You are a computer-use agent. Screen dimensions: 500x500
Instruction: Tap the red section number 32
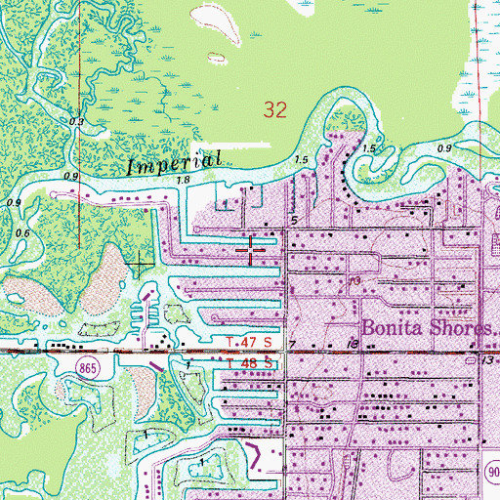click(x=275, y=110)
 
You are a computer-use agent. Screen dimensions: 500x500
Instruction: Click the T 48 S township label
click(x=245, y=363)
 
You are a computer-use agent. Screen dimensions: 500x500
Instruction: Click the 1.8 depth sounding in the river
click(x=184, y=180)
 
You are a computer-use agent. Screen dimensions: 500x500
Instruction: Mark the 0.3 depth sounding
click(x=78, y=121)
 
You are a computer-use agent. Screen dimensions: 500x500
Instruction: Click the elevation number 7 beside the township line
click(x=291, y=345)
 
